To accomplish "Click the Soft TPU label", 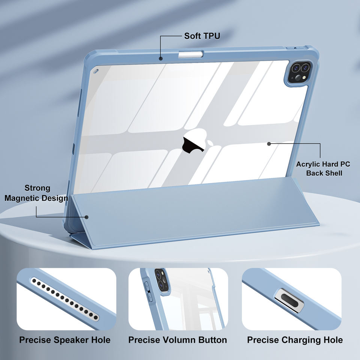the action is pyautogui.click(x=202, y=36).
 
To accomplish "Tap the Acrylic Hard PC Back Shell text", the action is pyautogui.click(x=323, y=168).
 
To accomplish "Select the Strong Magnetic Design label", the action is pyautogui.click(x=36, y=193).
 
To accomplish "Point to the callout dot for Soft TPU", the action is pyautogui.click(x=160, y=58).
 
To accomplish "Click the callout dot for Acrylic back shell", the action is pyautogui.click(x=269, y=143).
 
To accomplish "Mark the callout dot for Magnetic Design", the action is pyautogui.click(x=87, y=217).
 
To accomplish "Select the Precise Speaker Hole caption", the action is pyautogui.click(x=65, y=340).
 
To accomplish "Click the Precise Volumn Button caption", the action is pyautogui.click(x=177, y=340).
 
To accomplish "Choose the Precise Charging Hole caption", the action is pyautogui.click(x=295, y=340).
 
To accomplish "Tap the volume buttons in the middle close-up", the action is pyautogui.click(x=148, y=292).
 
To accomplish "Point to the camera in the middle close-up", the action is pyautogui.click(x=161, y=279).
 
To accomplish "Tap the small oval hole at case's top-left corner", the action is pyautogui.click(x=95, y=70).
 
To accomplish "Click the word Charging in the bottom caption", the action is pyautogui.click(x=300, y=340).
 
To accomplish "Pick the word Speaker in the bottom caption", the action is pyautogui.click(x=69, y=340).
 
